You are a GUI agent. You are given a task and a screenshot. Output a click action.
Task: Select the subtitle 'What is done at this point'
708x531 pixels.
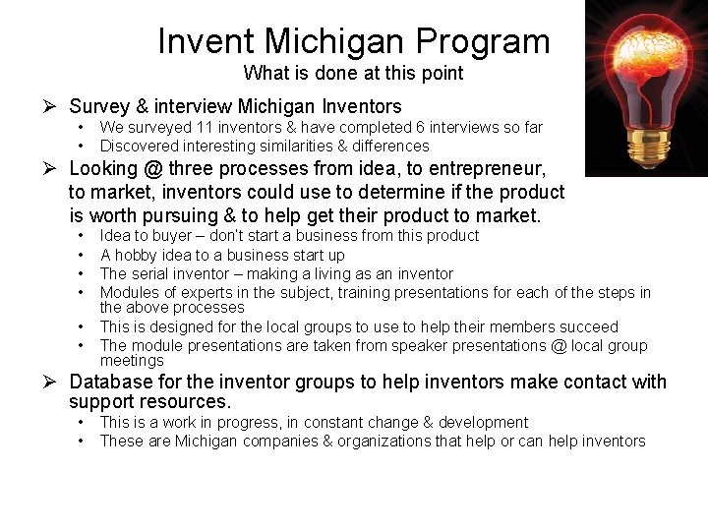[x=353, y=73]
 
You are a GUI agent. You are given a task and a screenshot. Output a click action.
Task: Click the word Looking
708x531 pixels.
[x=103, y=168]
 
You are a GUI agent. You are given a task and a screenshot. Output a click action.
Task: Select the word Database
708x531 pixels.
[x=110, y=382]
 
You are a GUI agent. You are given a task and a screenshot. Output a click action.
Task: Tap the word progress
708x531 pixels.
[x=252, y=422]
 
